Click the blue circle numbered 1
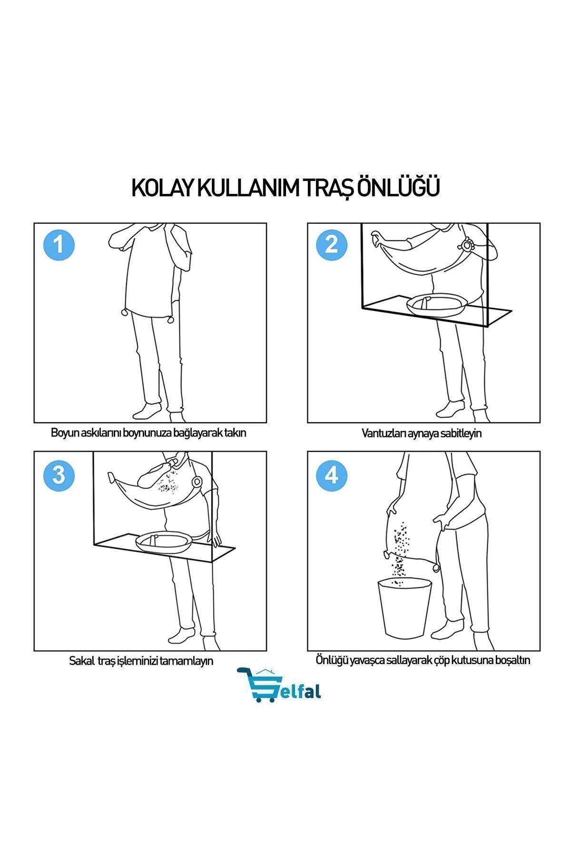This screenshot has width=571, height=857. tap(59, 245)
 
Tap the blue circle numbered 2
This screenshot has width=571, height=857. tap(332, 245)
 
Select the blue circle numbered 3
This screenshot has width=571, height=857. tap(59, 474)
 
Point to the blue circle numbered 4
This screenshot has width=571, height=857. tap(332, 474)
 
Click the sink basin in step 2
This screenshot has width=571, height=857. tap(436, 304)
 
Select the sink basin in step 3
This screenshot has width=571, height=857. tap(164, 541)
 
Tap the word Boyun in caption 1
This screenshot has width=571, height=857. tap(64, 433)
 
